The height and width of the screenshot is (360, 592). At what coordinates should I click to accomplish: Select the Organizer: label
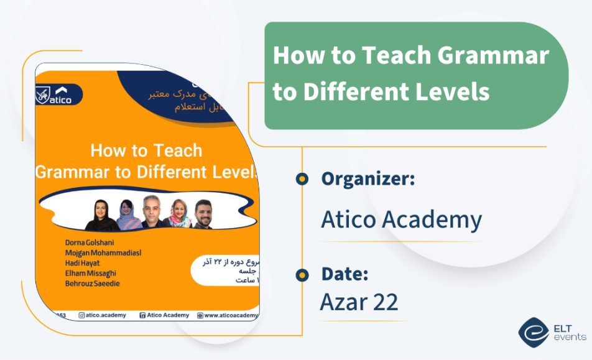[368, 179]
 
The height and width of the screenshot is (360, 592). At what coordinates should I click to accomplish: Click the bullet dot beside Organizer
[302, 179]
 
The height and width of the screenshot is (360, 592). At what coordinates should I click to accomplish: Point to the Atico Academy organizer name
[401, 219]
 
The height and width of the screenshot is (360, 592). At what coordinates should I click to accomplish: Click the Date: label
[345, 274]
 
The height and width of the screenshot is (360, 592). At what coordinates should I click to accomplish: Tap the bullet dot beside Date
[302, 274]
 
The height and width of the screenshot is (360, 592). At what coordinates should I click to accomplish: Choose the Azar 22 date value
[359, 302]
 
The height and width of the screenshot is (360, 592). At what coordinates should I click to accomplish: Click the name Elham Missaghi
[90, 273]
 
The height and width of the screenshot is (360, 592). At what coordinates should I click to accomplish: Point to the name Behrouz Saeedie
[92, 284]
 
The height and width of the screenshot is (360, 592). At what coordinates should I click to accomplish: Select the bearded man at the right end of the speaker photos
[203, 214]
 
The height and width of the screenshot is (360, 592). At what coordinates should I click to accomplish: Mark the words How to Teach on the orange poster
[146, 151]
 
